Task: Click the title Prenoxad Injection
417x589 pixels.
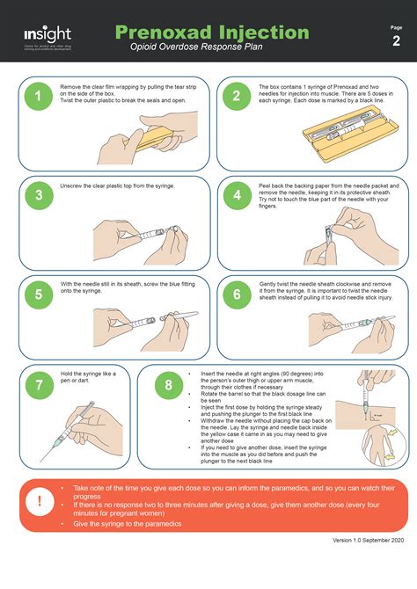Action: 212,32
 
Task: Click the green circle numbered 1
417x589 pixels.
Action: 38,98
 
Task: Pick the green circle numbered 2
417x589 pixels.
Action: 237,98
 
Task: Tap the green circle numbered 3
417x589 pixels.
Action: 38,197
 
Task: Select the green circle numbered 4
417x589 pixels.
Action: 237,197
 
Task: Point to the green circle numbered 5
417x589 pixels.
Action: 38,295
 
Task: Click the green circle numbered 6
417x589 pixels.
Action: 237,295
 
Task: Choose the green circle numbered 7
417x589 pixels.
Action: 38,384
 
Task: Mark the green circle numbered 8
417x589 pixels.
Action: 168,384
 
